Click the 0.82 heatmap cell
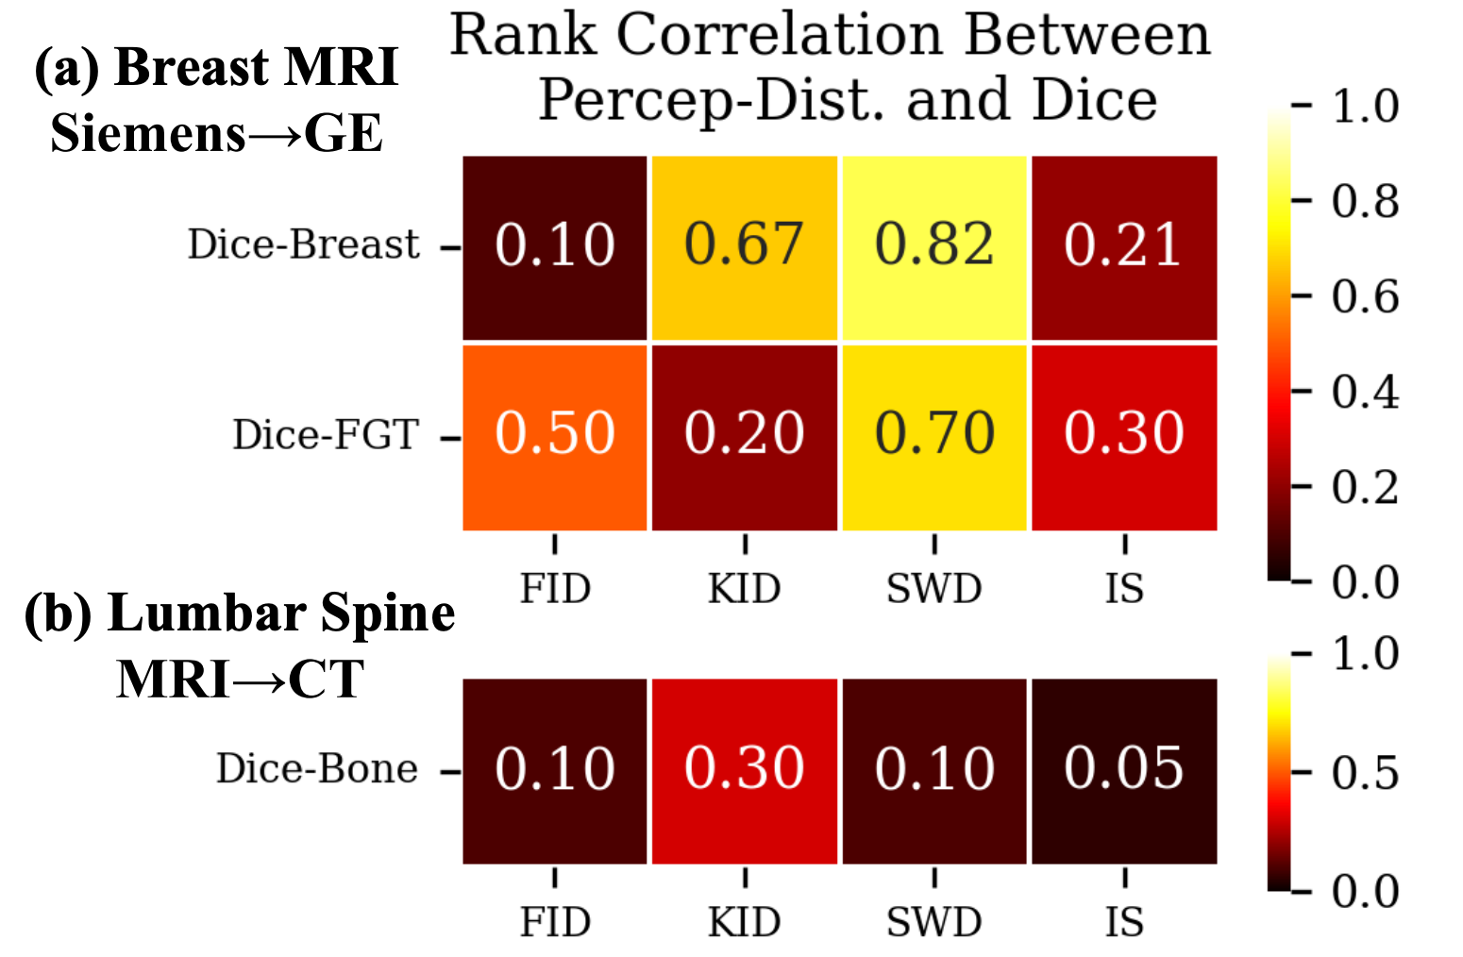934,247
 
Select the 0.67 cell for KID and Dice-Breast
745,247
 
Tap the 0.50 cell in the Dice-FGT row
554,438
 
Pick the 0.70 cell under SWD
934,438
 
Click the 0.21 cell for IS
1124,247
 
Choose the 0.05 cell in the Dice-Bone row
1124,771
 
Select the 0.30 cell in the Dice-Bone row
745,771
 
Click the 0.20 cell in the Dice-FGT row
745,438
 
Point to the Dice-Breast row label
304,244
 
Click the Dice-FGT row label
326,434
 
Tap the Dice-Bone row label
317,768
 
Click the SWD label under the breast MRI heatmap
934,588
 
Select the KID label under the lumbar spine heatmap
745,922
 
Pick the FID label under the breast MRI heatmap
555,588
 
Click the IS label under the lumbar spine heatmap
1124,922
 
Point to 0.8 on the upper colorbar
1365,201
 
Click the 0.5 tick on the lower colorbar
1365,773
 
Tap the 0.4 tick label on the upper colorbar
1365,392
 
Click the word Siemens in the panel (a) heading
147,133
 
